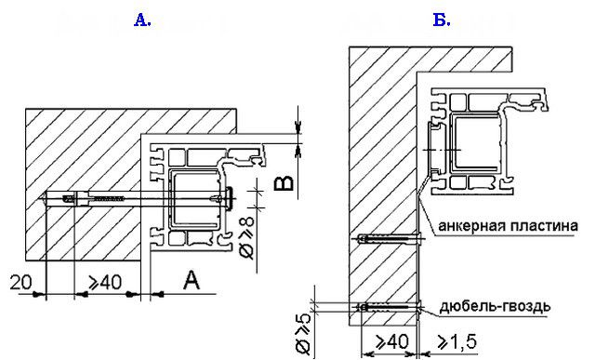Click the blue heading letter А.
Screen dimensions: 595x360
click(142, 20)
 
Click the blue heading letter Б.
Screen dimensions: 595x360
click(442, 20)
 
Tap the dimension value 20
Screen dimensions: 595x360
click(21, 283)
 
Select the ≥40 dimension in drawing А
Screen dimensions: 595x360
click(105, 283)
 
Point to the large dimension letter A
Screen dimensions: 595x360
click(192, 280)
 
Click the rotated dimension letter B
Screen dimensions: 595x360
click(284, 183)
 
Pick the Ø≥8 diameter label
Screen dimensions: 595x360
click(248, 238)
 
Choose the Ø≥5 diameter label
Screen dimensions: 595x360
click(303, 334)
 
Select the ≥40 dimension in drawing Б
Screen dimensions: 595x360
click(392, 341)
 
